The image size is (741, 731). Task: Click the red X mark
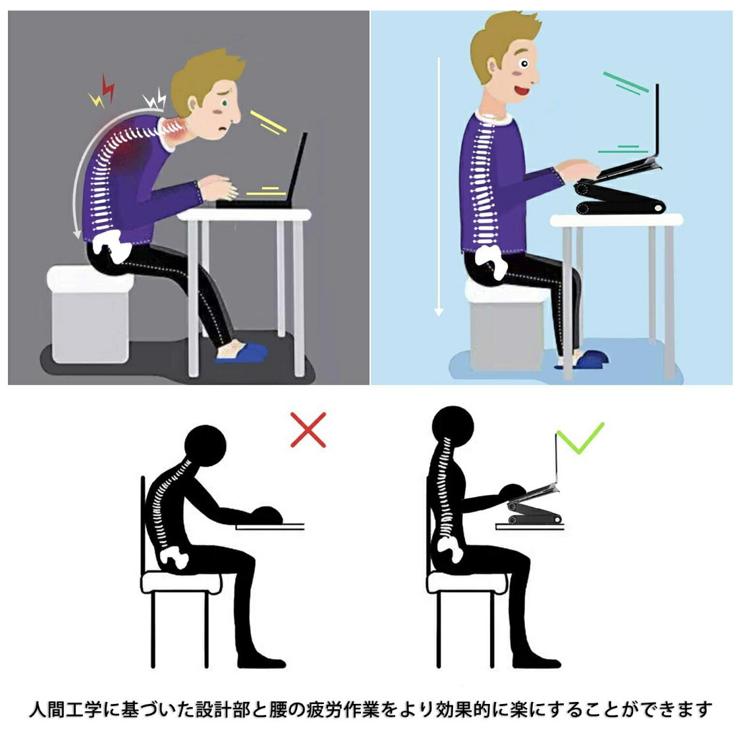tap(308, 430)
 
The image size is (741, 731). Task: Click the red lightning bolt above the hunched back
tap(108, 88)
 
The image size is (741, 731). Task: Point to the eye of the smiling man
tap(524, 63)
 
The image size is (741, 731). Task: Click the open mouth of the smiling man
tap(521, 90)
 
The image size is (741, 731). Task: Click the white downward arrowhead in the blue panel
tap(439, 312)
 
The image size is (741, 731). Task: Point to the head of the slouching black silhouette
tap(205, 446)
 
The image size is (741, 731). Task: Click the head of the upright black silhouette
tap(453, 426)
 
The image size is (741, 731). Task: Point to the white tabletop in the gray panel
tap(244, 215)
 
